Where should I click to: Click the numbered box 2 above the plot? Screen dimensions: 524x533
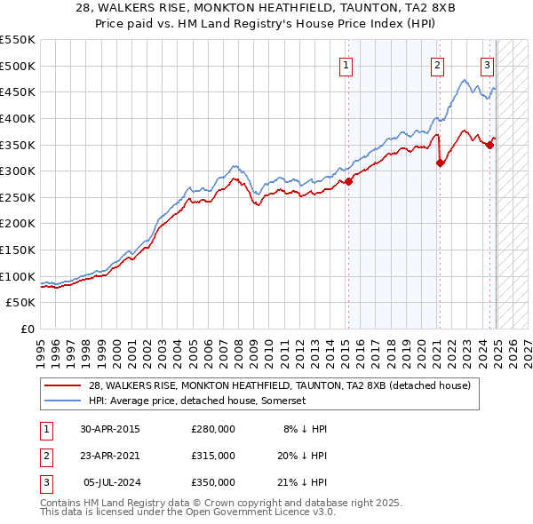(x=438, y=64)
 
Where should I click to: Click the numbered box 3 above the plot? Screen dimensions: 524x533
(x=488, y=64)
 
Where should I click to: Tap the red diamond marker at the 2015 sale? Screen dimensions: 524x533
(x=348, y=181)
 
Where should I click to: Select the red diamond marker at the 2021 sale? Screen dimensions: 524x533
(x=440, y=163)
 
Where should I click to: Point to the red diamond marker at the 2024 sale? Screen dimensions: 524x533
(x=490, y=144)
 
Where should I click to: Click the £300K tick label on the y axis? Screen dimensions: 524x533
(x=17, y=171)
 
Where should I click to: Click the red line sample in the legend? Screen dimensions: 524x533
(x=64, y=386)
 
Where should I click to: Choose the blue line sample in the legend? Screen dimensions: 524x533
(x=64, y=401)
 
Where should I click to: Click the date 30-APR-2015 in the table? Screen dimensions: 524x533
(x=110, y=429)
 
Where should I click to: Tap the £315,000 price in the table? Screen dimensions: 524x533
(x=213, y=456)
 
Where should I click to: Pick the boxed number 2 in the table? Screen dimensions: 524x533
(x=46, y=456)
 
